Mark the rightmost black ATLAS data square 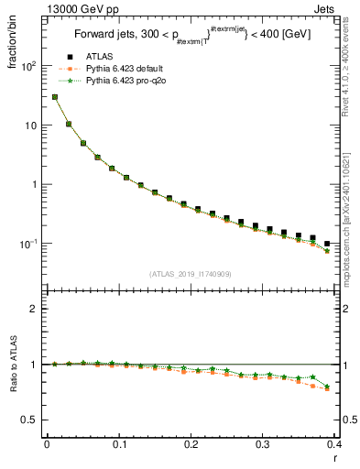pos(327,244)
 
